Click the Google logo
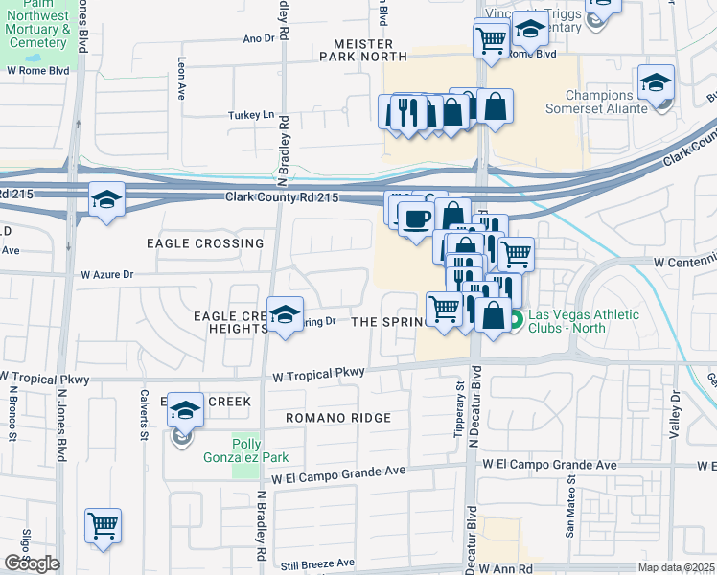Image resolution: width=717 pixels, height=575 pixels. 32,563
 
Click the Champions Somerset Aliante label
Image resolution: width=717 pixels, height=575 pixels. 613,103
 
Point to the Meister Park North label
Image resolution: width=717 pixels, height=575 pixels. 363,50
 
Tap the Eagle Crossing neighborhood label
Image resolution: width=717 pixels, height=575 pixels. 204,243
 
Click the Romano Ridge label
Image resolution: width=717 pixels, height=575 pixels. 338,418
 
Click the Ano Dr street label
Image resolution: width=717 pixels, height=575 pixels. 259,39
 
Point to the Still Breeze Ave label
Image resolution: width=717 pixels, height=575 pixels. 319,563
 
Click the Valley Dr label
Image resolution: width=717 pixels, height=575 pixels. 675,408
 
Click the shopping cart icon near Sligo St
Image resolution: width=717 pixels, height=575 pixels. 103,524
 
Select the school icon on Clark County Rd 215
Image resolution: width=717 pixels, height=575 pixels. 106,198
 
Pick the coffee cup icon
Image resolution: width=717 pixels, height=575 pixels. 416,218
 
